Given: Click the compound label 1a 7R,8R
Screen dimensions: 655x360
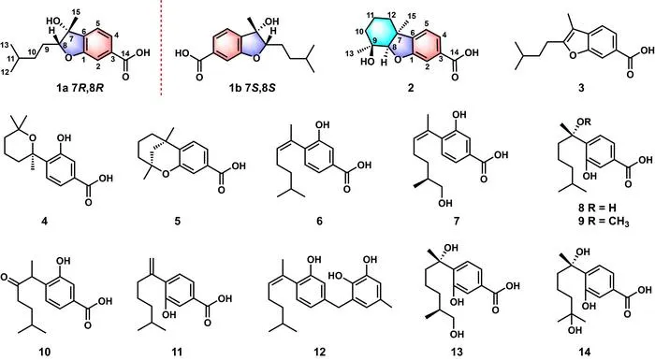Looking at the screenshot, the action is coord(80,88).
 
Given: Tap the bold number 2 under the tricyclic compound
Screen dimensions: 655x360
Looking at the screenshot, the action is coord(412,88).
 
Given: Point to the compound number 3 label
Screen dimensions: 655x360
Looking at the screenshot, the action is coord(581,88).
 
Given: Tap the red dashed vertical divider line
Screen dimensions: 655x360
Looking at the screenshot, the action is coord(161,48).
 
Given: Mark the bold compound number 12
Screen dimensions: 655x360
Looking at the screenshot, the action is coord(320,353).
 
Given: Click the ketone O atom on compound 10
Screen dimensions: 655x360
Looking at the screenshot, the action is coord(5,277).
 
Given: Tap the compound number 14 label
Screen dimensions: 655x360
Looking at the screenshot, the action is coord(585,353).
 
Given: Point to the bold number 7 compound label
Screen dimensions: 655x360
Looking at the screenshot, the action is coord(457,222).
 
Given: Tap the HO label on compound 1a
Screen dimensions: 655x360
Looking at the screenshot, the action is coord(53,21).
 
